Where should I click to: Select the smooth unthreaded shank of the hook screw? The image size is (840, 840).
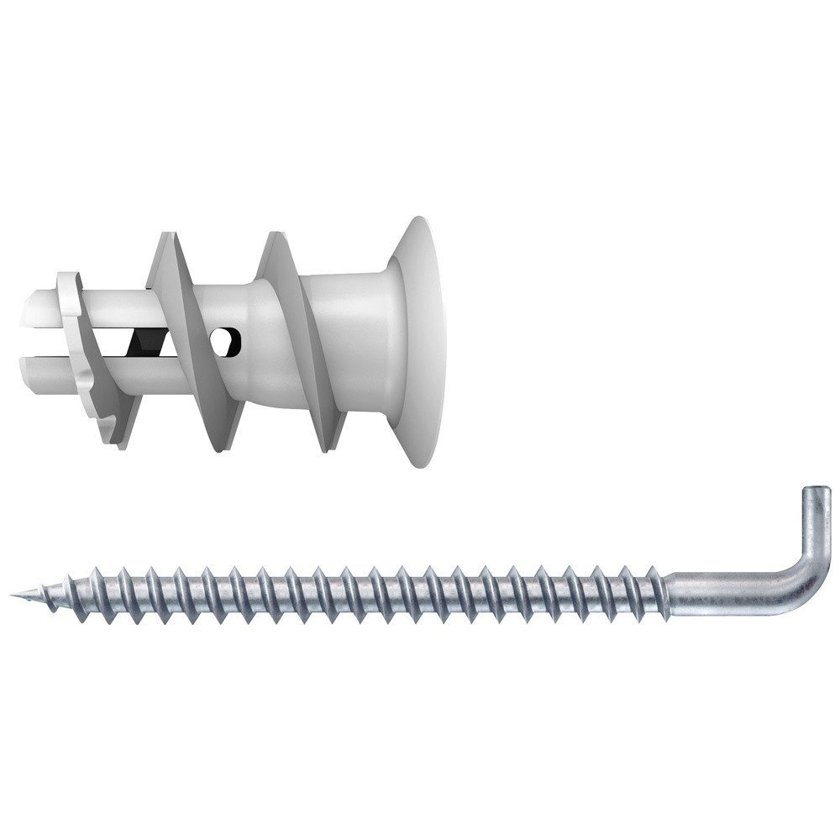tap(722, 586)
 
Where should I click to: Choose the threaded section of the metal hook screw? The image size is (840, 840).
tap(336, 592)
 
